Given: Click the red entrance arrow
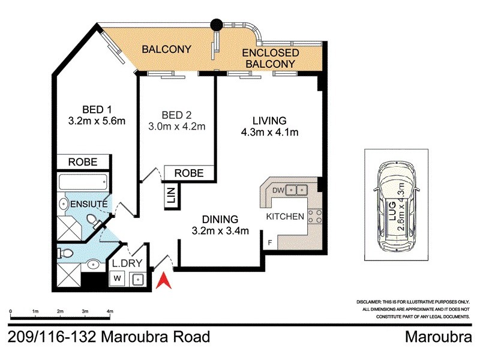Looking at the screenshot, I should click(162, 280).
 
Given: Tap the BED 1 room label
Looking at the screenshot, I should click(97, 110).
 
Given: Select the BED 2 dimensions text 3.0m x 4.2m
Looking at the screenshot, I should click(176, 127).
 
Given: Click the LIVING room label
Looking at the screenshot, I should click(269, 119).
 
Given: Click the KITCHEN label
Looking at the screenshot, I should click(285, 216).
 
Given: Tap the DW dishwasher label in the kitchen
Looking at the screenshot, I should click(277, 190).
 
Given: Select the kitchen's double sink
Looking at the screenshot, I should click(296, 191).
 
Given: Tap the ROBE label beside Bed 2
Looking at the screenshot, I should click(189, 173).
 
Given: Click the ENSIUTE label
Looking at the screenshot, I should click(90, 205).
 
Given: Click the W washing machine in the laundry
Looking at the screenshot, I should click(118, 279).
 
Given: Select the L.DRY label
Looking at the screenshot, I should click(127, 263).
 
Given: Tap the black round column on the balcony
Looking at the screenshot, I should click(215, 25).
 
